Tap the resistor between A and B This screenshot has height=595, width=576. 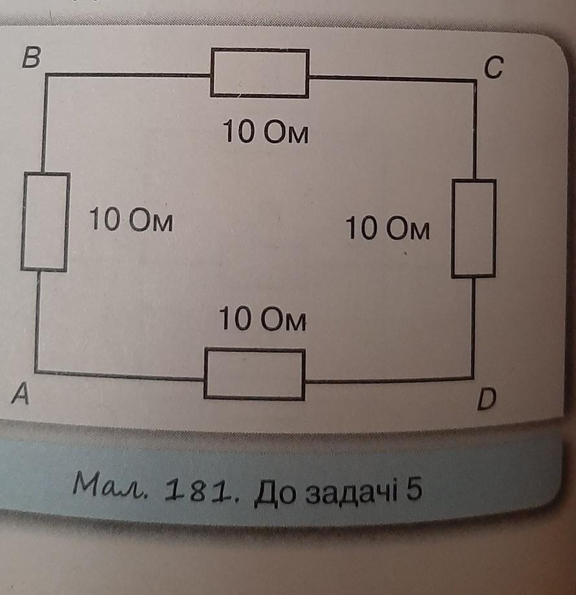coord(45,222)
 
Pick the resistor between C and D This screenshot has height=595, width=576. coord(474,228)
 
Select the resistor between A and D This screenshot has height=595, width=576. coord(255,373)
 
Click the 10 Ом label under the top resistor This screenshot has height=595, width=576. coord(265,133)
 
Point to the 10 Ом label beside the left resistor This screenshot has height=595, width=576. coord(132,222)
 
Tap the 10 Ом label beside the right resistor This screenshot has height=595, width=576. coord(387,229)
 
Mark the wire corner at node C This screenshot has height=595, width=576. coord(475,80)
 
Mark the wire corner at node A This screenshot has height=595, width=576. coord(36,371)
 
